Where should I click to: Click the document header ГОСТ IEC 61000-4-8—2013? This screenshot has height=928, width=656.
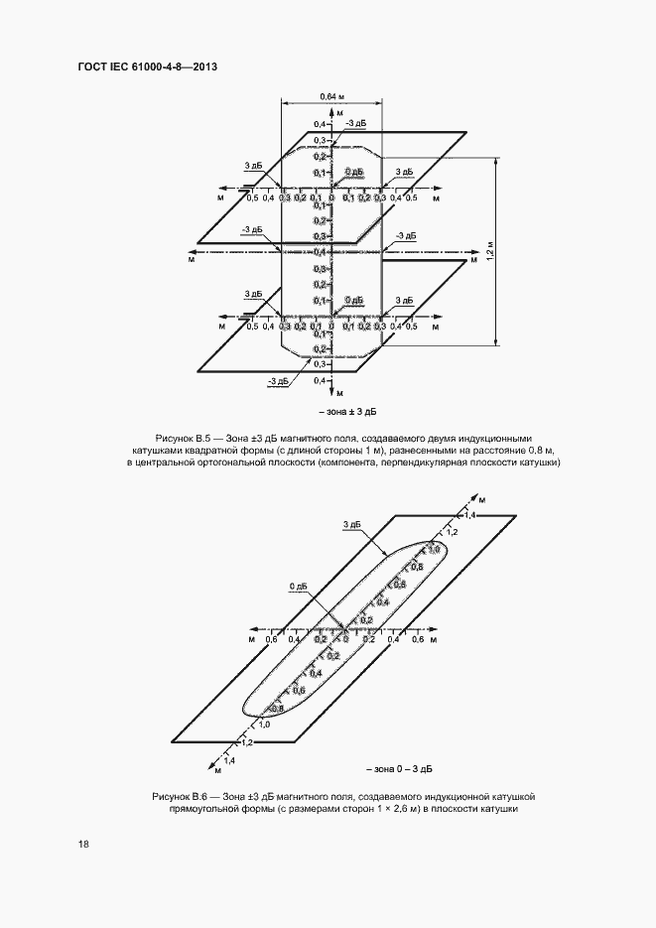tap(147, 67)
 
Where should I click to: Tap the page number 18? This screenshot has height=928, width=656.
tap(83, 844)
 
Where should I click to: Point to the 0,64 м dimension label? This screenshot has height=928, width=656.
tap(332, 95)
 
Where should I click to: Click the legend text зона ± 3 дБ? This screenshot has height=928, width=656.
tap(348, 410)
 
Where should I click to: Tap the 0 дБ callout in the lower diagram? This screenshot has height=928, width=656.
tap(299, 587)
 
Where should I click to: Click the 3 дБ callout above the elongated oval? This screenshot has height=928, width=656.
tap(350, 523)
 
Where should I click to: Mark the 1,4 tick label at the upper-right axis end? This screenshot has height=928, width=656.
tap(470, 516)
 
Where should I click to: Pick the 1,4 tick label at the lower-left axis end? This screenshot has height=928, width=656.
tap(229, 760)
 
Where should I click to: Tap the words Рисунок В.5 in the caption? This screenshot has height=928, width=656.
tap(184, 438)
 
